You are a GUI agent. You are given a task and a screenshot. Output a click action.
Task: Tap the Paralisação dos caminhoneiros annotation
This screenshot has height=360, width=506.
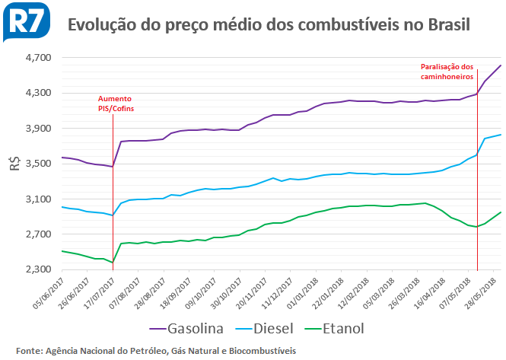click(x=447, y=72)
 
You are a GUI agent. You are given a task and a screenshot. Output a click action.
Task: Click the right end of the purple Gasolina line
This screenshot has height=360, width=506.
click(x=500, y=65)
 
